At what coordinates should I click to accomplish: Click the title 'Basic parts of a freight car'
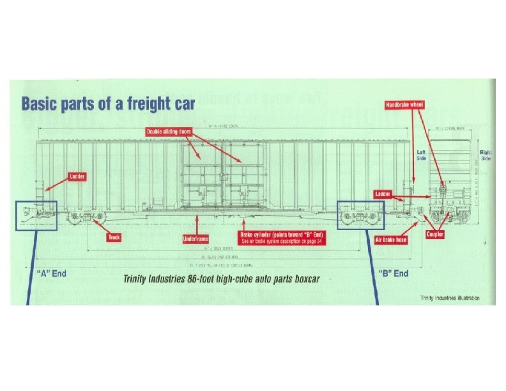[x=109, y=102]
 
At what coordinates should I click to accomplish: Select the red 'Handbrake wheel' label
[x=404, y=104]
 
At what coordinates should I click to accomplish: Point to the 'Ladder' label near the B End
[x=383, y=193]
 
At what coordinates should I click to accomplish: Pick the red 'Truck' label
[x=114, y=237]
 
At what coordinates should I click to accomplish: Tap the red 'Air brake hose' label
[x=390, y=240]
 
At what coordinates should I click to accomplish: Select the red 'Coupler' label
[x=435, y=234]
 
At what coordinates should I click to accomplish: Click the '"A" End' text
[x=49, y=273]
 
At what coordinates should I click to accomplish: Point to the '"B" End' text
[x=394, y=273]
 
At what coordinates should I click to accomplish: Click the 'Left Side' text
[x=422, y=155]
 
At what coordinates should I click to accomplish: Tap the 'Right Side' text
[x=486, y=155]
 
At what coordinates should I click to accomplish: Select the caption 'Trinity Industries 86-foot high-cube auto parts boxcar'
[x=221, y=279]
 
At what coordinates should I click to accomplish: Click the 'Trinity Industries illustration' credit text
[x=458, y=298]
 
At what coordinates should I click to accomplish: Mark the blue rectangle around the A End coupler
[x=36, y=215]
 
